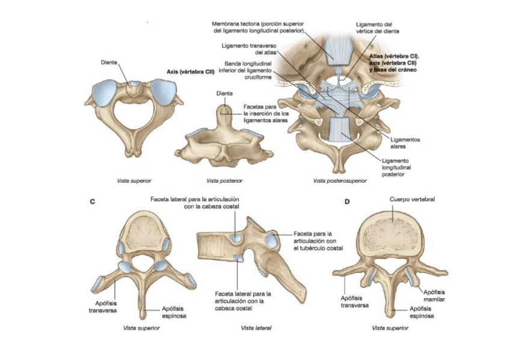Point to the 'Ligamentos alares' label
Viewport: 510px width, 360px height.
click(405, 142)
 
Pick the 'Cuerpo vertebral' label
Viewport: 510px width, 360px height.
click(412, 199)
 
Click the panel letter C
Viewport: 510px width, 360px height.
click(92, 202)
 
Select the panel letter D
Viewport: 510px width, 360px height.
click(347, 202)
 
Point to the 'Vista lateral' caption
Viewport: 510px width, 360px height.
click(256, 328)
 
